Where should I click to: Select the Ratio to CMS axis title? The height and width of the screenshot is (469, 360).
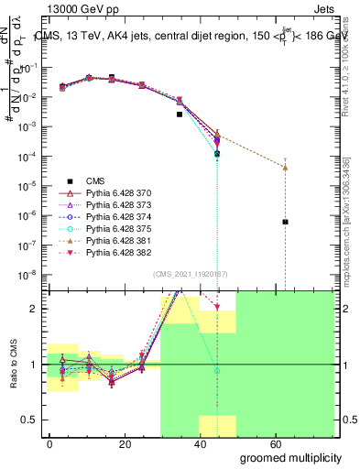[x=13, y=364]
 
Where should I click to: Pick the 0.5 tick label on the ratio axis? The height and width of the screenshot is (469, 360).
[x=30, y=420]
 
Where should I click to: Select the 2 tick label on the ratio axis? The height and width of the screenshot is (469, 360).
[x=36, y=309]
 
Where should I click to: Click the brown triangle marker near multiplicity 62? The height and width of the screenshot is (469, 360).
[x=286, y=168]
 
